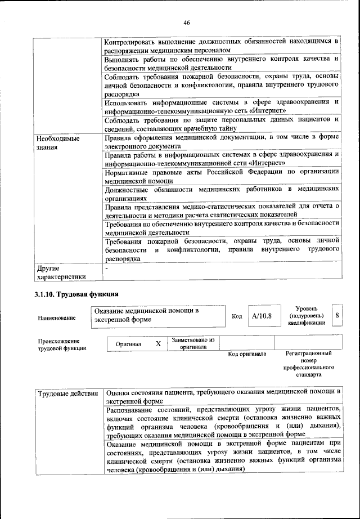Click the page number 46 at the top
click(x=187, y=23)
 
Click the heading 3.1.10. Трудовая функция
click(x=76, y=294)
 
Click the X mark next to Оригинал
click(x=158, y=343)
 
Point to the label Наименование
click(x=56, y=318)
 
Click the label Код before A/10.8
click(x=237, y=316)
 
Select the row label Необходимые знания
click(x=57, y=142)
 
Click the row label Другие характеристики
click(x=61, y=272)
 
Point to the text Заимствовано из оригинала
click(x=193, y=343)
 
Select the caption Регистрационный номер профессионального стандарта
click(x=309, y=364)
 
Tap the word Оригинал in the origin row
click(x=128, y=343)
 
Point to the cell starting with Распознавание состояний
click(x=223, y=420)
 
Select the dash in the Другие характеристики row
click(x=107, y=269)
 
